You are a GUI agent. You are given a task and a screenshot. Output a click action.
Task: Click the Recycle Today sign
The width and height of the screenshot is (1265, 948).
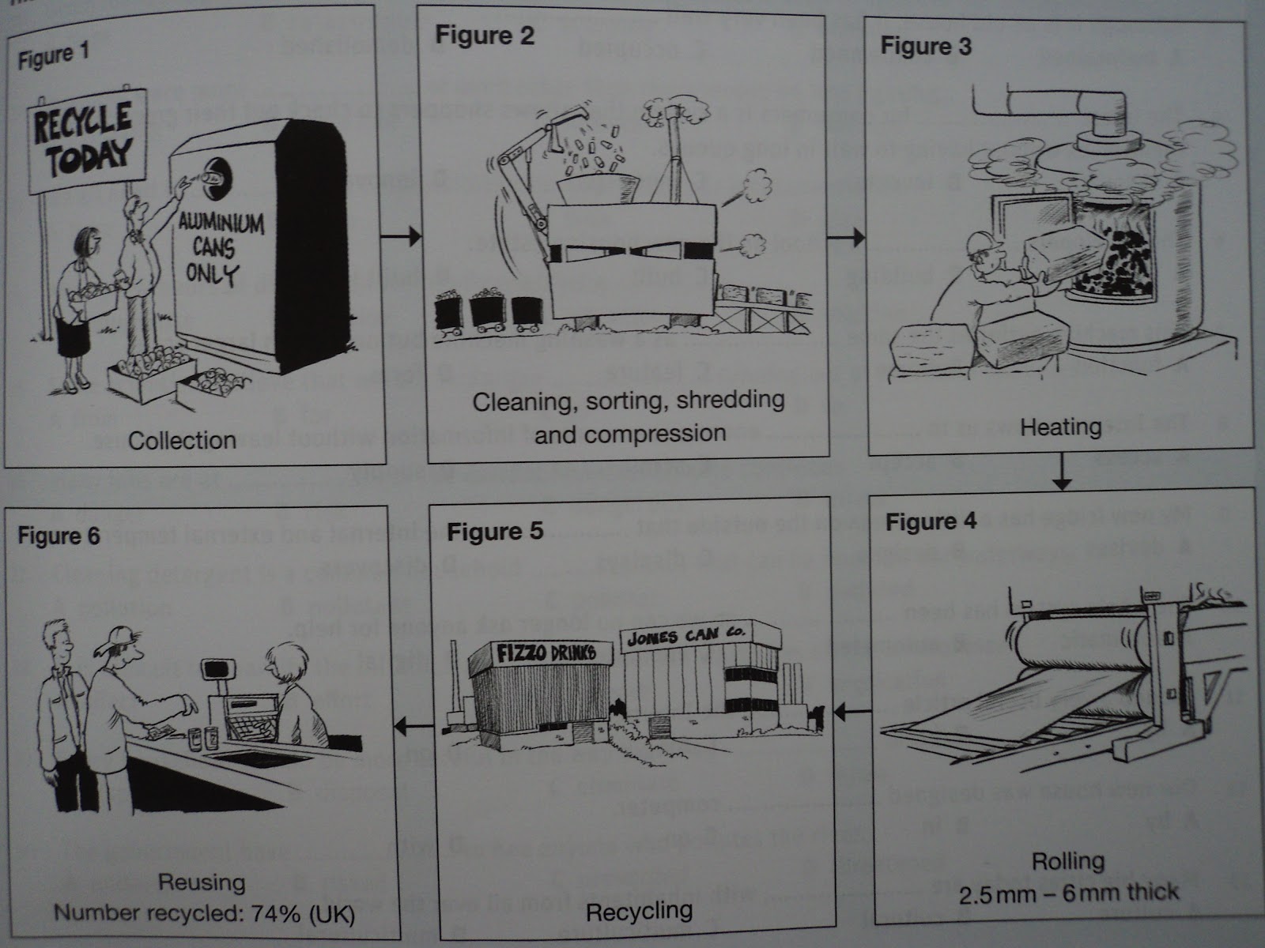tap(89, 142)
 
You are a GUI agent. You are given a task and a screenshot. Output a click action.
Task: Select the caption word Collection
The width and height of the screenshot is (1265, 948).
tap(182, 440)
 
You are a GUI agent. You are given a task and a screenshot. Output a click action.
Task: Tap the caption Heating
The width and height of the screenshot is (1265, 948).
tap(1061, 427)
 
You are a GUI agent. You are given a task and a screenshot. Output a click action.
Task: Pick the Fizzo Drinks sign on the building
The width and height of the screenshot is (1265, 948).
tap(544, 653)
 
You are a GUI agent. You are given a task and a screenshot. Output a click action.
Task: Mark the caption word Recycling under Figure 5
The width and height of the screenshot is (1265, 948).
tap(640, 910)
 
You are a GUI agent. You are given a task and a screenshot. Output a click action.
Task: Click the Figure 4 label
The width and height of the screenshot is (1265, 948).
tap(931, 522)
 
